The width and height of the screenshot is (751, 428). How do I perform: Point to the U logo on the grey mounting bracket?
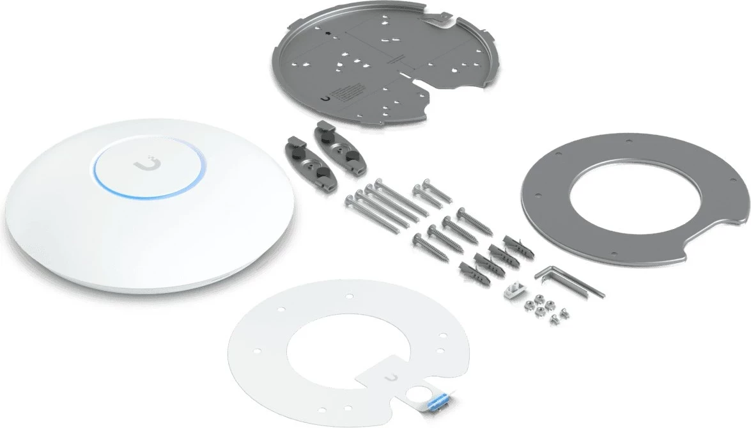[328, 99]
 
